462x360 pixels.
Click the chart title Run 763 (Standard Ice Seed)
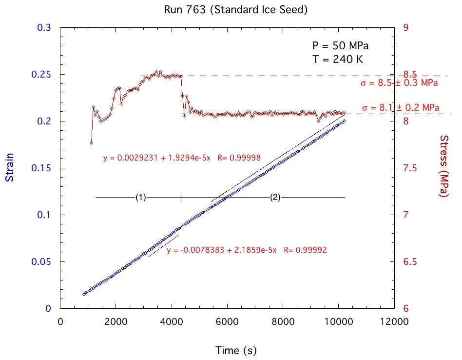pyautogui.click(x=231, y=9)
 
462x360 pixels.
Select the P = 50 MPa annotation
pyautogui.click(x=340, y=46)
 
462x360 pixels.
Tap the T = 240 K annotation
pyautogui.click(x=338, y=60)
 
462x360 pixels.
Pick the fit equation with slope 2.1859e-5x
pyautogui.click(x=246, y=250)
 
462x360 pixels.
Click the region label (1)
pyautogui.click(x=140, y=197)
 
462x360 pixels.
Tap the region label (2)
pyautogui.click(x=275, y=197)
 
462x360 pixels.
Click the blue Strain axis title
pyautogui.click(x=9, y=167)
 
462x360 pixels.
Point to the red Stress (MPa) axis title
pyautogui.click(x=444, y=166)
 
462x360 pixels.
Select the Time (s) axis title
pyautogui.click(x=236, y=350)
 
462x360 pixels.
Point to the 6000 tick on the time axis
pyautogui.click(x=227, y=322)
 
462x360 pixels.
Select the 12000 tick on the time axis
pyautogui.click(x=394, y=322)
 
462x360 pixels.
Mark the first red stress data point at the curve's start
pyautogui.click(x=91, y=142)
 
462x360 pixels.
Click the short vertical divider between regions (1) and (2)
pyautogui.click(x=181, y=197)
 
